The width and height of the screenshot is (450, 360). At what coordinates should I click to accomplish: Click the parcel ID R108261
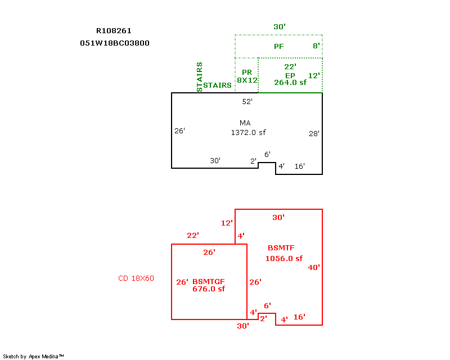114,31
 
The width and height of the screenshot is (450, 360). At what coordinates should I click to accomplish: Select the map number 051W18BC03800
115,43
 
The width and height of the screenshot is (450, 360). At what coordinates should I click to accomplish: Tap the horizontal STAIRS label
217,85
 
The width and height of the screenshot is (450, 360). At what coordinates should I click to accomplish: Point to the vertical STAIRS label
200,76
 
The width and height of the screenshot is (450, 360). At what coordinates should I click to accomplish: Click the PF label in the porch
278,47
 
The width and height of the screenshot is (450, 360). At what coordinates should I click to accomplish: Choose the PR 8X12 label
246,76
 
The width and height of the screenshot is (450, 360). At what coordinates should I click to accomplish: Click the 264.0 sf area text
290,82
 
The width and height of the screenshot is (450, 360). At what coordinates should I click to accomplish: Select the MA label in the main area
245,123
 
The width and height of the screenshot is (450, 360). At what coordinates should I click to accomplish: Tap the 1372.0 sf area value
248,133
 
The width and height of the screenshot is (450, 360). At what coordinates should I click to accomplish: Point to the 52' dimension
247,102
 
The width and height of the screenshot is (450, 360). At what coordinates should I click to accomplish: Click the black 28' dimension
314,134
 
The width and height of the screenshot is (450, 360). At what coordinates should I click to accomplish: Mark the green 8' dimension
316,46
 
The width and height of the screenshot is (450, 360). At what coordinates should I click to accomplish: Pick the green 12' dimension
314,75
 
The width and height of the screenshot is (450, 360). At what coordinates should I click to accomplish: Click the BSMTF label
281,247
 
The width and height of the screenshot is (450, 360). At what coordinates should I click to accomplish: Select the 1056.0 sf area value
284,259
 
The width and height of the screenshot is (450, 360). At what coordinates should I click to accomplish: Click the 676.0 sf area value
209,289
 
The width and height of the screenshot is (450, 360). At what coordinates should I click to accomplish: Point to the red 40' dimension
314,268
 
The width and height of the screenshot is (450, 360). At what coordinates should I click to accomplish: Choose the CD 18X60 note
136,278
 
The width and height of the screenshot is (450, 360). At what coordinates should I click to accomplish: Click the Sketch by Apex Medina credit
33,356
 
